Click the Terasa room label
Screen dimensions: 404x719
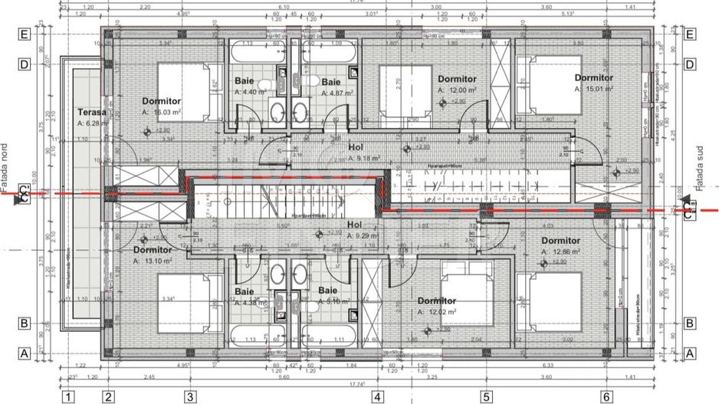click(x=91, y=111)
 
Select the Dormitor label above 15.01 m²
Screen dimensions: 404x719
click(x=594, y=77)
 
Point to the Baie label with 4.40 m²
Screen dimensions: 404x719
click(x=245, y=81)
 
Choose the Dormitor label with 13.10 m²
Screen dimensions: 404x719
click(x=152, y=250)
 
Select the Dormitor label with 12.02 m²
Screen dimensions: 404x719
click(x=437, y=301)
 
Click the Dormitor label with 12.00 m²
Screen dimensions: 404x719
click(x=457, y=79)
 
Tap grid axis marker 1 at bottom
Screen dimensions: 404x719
click(x=68, y=396)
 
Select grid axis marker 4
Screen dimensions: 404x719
click(x=377, y=396)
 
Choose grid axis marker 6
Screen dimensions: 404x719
click(x=606, y=396)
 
